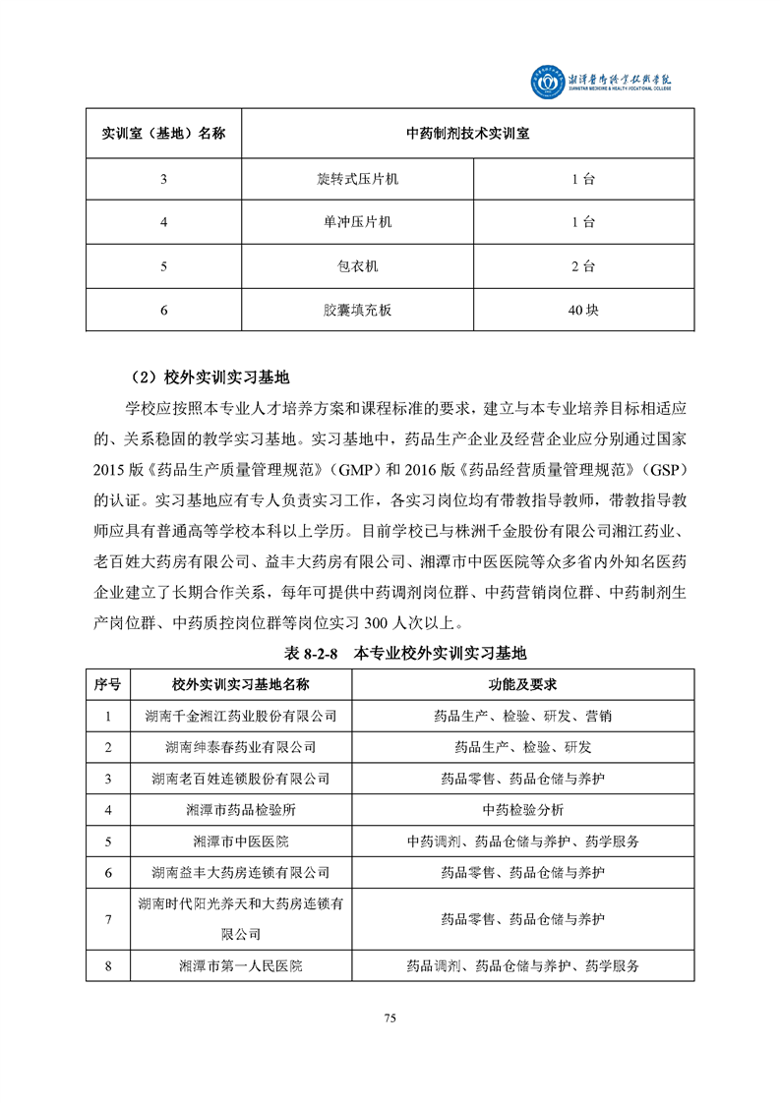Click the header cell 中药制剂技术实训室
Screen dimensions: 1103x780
467,133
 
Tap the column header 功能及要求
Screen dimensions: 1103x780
522,684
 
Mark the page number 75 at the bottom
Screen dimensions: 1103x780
390,1017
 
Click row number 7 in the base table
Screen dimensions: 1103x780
108,918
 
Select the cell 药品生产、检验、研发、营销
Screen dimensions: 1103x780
522,717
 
